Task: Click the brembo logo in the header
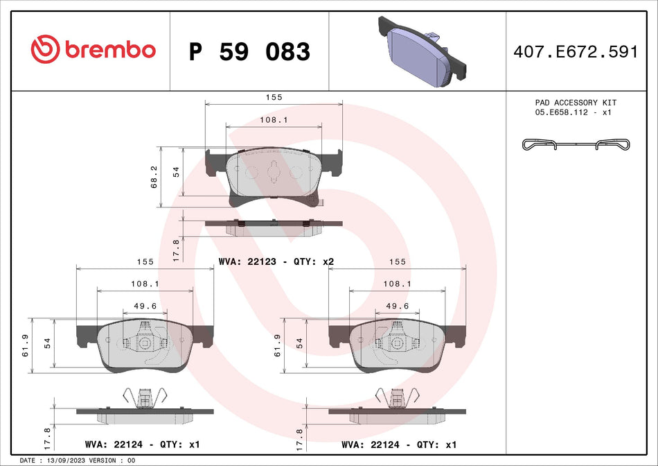click(x=93, y=50)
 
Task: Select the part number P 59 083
click(x=249, y=51)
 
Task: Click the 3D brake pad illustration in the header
click(x=422, y=51)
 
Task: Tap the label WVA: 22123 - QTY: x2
click(x=276, y=261)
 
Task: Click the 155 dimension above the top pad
click(x=274, y=98)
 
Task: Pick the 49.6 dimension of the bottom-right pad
click(x=396, y=306)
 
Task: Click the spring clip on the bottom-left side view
click(x=145, y=398)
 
